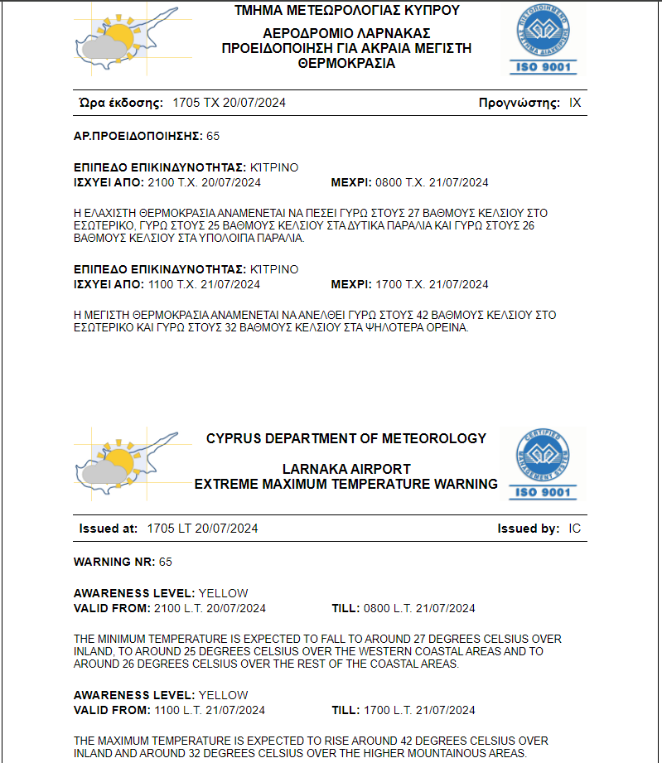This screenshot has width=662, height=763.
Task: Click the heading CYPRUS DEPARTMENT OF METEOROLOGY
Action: coord(346,438)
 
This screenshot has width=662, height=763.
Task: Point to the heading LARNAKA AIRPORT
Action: coord(346,469)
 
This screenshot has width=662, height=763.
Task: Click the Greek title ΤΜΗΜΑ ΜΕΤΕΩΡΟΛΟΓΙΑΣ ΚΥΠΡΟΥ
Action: coord(346,11)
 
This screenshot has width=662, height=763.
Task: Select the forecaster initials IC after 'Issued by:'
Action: coord(575,529)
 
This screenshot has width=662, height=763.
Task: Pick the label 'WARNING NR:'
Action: coord(114,562)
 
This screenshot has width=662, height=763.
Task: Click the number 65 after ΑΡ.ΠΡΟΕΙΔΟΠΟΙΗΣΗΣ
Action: coord(213,136)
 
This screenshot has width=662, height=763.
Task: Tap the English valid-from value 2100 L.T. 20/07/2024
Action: coord(210,608)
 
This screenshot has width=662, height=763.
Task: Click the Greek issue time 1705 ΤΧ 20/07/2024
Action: coord(229,103)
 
